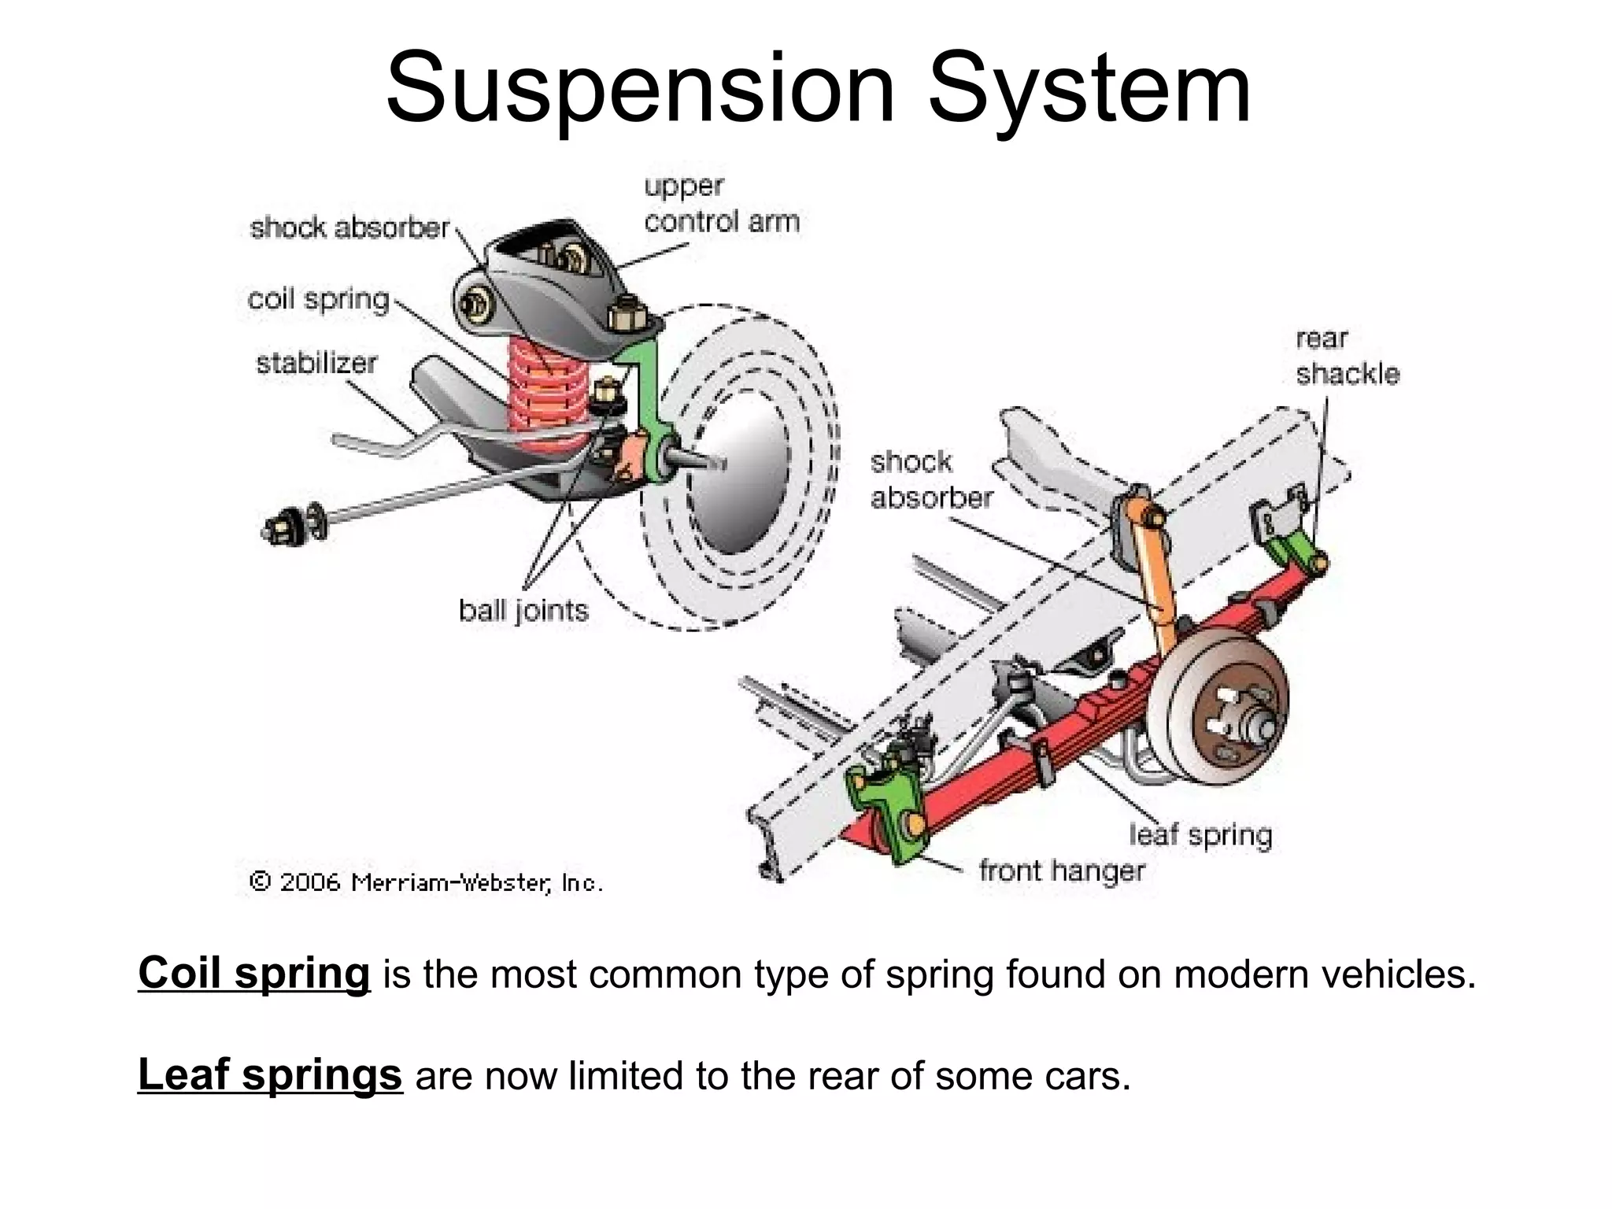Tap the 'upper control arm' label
coord(721,205)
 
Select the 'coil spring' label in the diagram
coord(319,300)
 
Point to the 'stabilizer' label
coord(316,364)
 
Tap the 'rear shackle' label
coord(1347,357)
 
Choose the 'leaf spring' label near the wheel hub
coord(1200,834)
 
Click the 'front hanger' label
coord(1062,871)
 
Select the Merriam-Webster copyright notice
coord(426,882)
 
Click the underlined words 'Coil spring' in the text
coord(253,973)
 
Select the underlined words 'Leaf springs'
coord(270,1074)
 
